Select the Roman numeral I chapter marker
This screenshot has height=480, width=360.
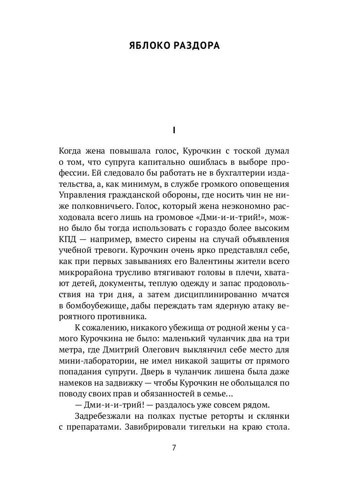[174, 130]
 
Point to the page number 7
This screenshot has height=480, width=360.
[174, 448]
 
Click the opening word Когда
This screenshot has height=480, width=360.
[72, 151]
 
